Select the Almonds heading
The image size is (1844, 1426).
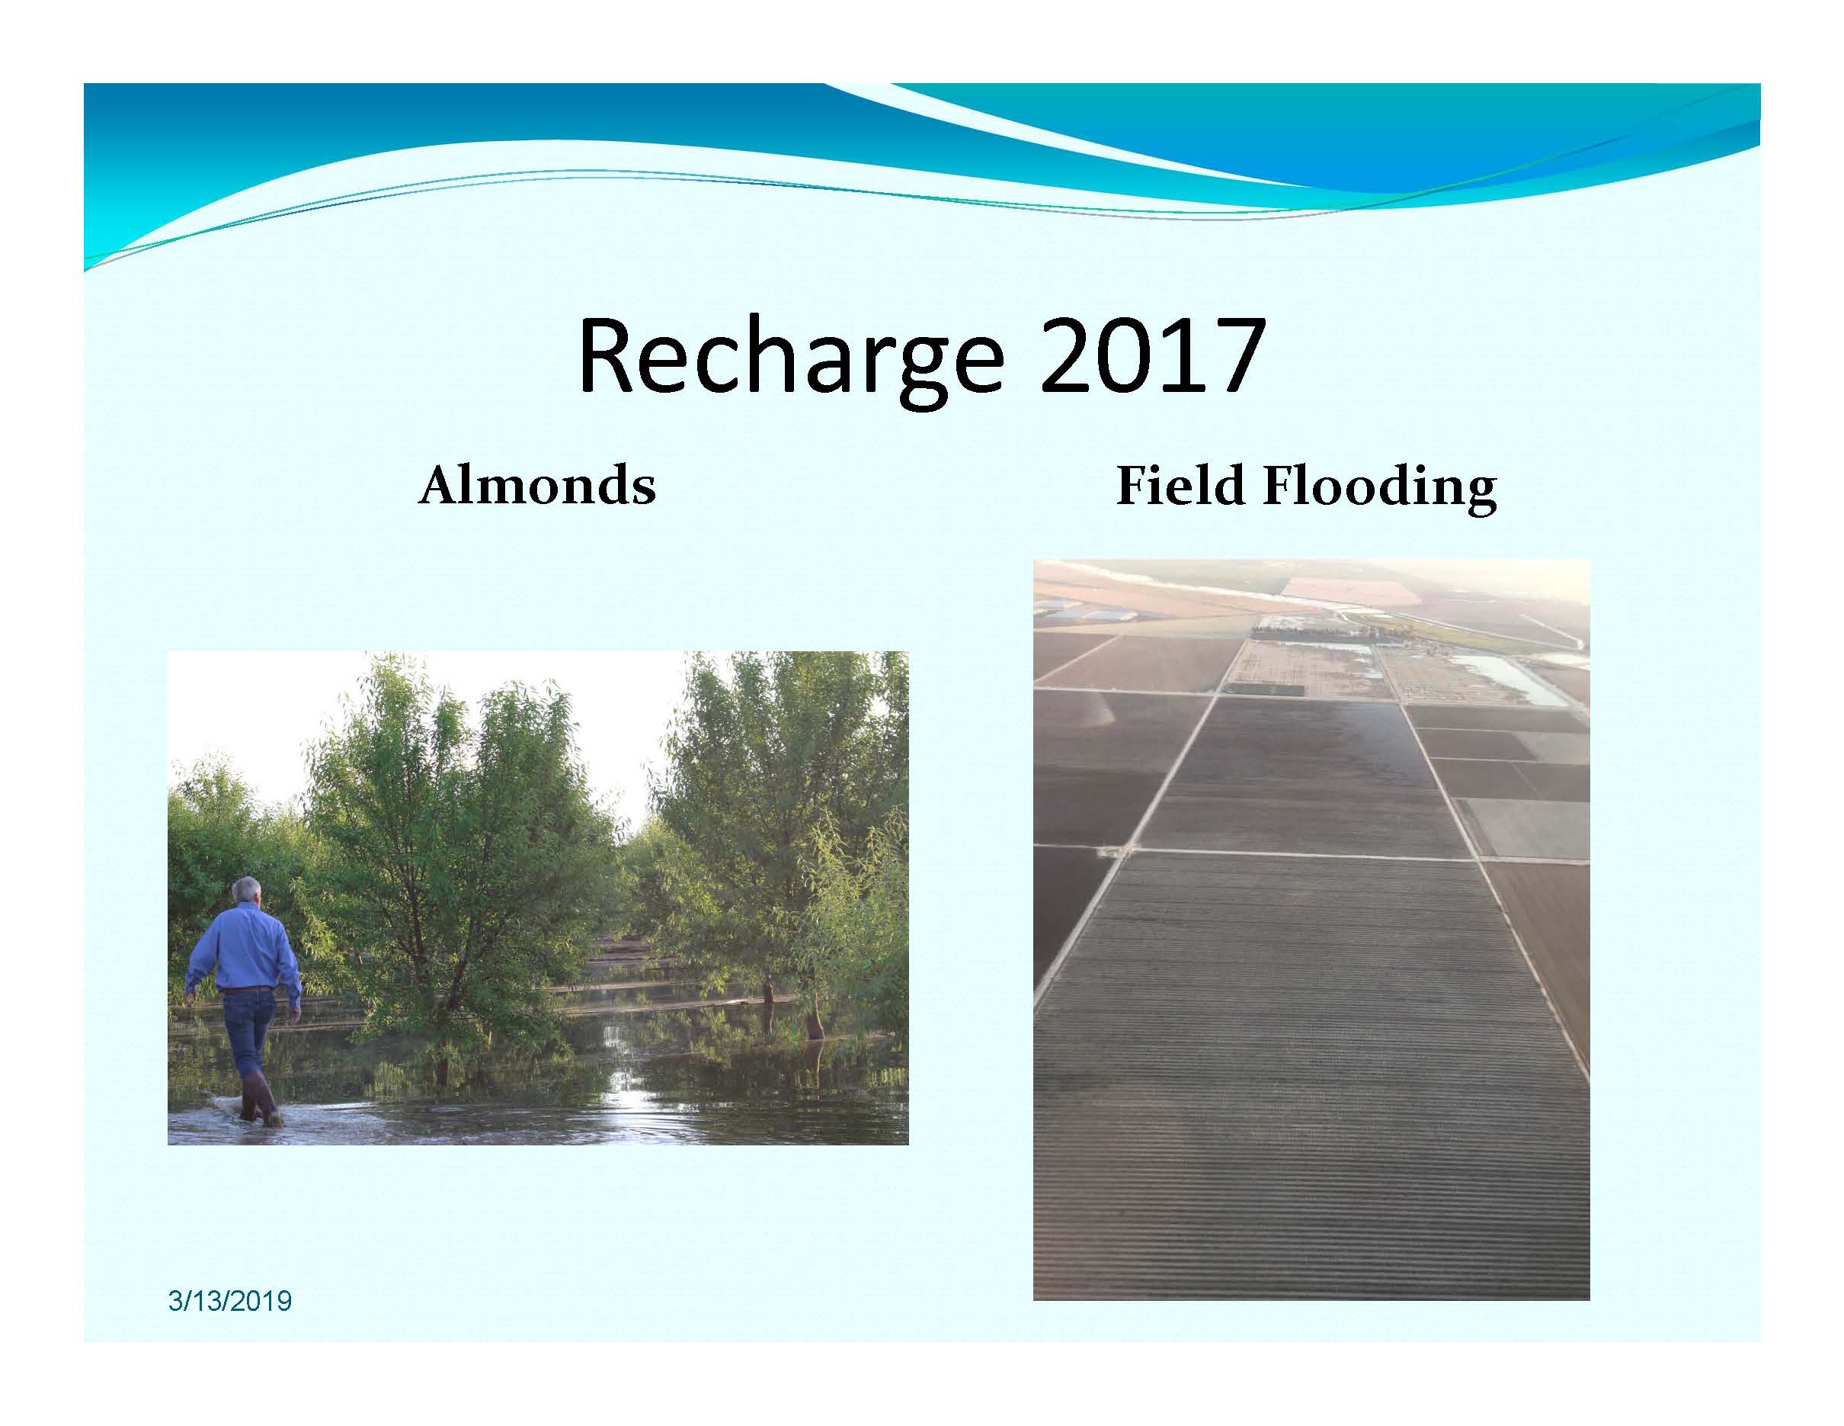click(537, 487)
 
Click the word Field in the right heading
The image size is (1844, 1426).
click(1181, 486)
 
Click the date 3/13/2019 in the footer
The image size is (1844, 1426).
click(229, 1300)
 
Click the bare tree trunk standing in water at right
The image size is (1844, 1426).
click(813, 1022)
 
